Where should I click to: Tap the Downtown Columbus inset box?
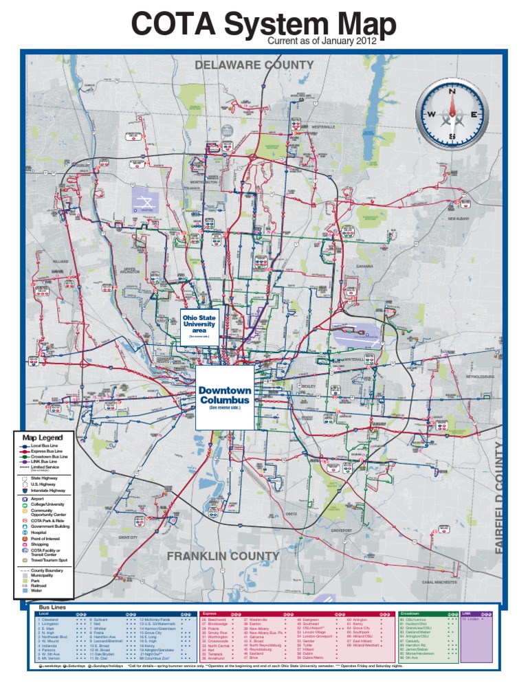point(224,397)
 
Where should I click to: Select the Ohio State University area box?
point(199,326)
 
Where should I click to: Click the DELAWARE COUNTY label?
point(254,65)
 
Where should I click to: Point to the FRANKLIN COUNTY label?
point(223,555)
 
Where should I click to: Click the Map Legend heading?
point(42,438)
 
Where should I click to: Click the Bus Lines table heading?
point(52,607)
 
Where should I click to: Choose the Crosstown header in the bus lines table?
point(410,613)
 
